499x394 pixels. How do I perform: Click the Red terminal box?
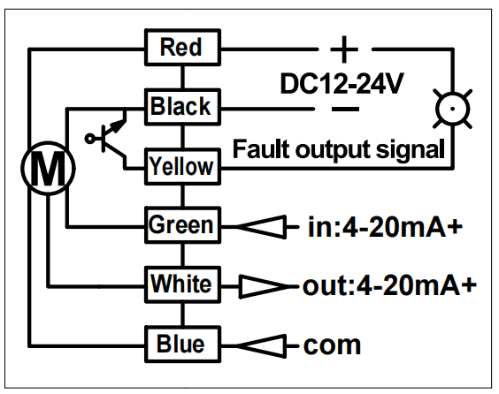tap(182, 48)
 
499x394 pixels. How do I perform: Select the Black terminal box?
tap(182, 107)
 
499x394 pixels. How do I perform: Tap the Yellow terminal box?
tap(182, 166)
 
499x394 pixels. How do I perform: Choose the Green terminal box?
tap(182, 225)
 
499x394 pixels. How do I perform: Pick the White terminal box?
tap(182, 284)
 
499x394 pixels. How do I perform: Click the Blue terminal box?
tap(182, 345)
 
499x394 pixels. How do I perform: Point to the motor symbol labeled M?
tap(48, 168)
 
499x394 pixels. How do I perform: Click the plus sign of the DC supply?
tap(344, 49)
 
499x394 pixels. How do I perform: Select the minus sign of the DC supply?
tap(345, 109)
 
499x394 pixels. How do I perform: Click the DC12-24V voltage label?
tap(342, 84)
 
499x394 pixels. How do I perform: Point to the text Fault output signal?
tap(338, 149)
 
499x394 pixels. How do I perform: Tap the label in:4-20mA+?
tap(385, 226)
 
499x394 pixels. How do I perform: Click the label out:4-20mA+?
tap(390, 286)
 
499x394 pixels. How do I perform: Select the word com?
tap(333, 345)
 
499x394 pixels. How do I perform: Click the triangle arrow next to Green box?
tap(262, 227)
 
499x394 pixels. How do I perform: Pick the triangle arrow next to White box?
tap(265, 286)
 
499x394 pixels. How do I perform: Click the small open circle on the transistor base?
tap(89, 139)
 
